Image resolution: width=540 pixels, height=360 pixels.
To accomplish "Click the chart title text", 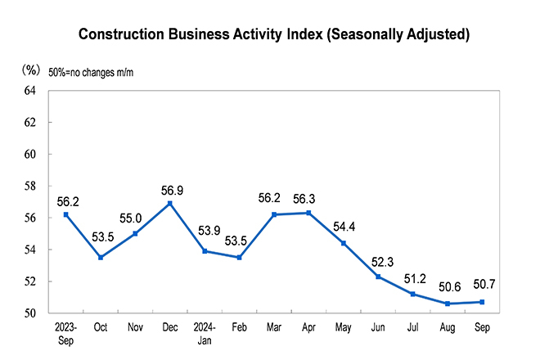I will (273, 34).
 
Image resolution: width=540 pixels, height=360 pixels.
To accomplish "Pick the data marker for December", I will (169, 203).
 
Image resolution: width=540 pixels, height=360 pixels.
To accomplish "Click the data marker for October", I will (101, 257).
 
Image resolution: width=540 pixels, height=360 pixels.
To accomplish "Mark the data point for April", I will (308, 213).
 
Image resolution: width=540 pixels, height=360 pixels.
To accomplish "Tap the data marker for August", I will (447, 304).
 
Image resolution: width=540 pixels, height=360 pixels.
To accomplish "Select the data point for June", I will (378, 277).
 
